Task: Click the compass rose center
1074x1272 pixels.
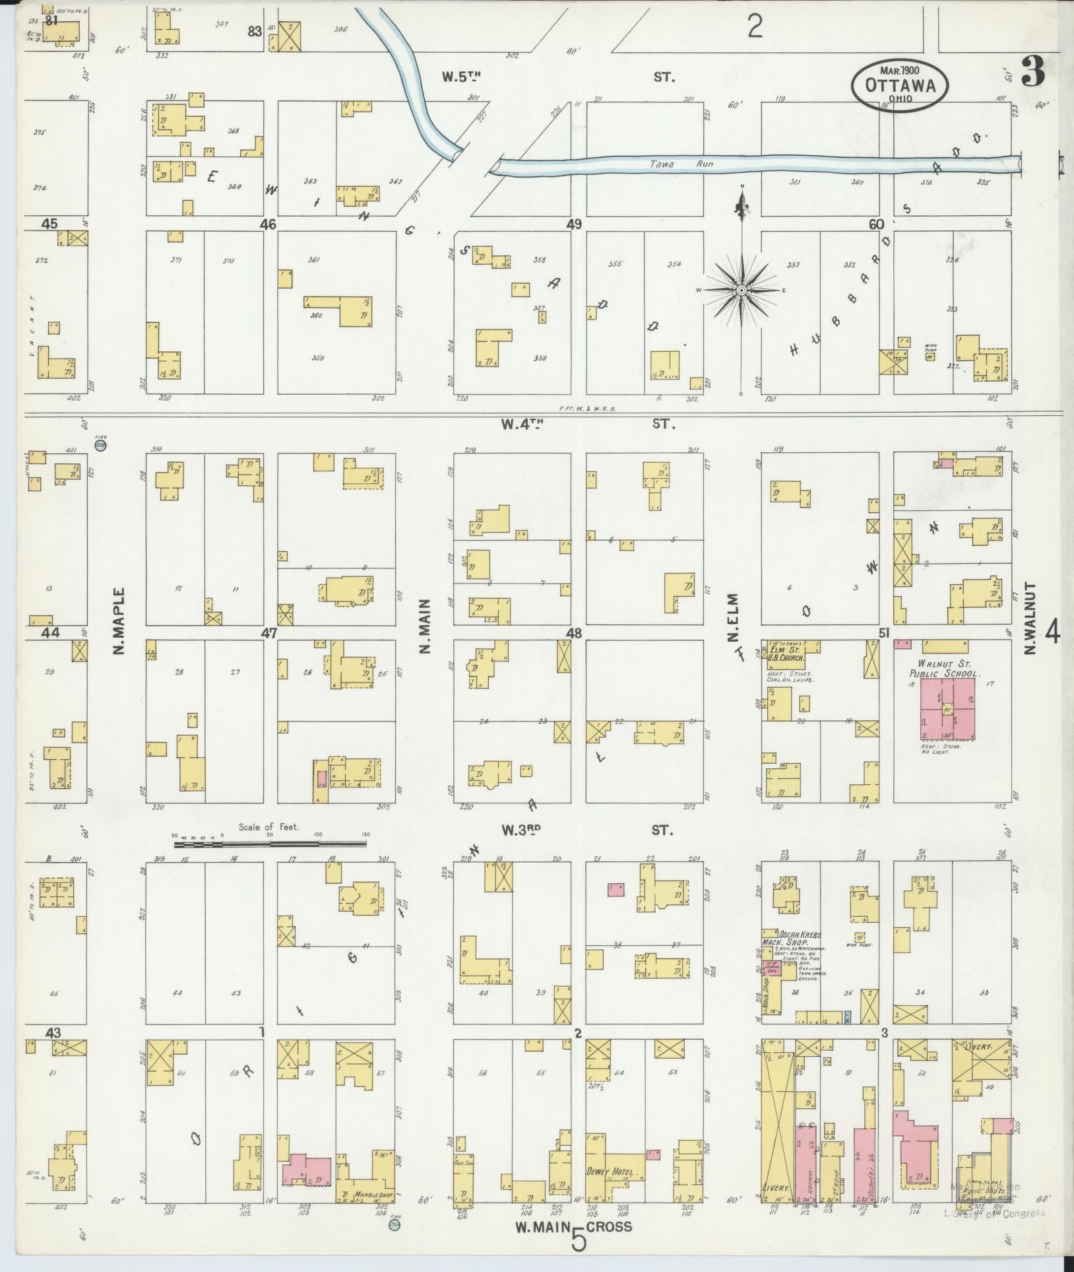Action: click(741, 290)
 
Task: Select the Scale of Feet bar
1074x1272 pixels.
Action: click(270, 844)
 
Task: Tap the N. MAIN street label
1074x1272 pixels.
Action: click(425, 626)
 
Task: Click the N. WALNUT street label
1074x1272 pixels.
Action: click(1031, 618)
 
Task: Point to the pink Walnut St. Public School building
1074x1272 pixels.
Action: click(947, 710)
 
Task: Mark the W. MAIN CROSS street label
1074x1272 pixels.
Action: click(573, 1226)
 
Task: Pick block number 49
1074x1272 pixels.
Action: click(573, 224)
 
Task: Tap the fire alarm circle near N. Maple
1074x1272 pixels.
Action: click(101, 446)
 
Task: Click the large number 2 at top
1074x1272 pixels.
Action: click(755, 27)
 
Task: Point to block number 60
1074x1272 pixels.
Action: click(875, 224)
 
